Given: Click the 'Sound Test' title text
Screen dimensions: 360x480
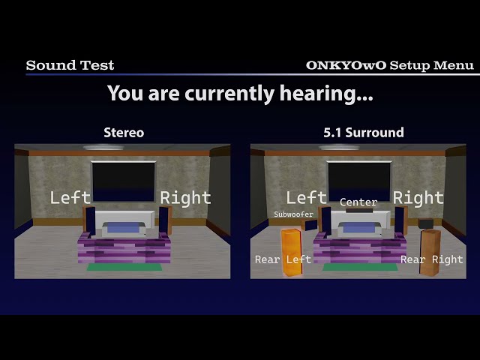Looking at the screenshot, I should (70, 65).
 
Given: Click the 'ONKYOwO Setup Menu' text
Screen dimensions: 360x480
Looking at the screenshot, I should (389, 65).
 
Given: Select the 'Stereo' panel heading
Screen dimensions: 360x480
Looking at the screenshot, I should (124, 133).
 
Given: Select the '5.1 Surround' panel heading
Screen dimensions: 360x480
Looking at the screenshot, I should (363, 133).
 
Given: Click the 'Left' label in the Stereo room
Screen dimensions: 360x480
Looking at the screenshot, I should (70, 198).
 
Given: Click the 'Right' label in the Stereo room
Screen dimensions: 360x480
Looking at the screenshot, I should (185, 198).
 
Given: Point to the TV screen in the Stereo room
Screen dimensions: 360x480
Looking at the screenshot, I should (123, 180).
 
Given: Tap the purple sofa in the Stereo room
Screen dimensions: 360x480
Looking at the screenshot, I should (123, 247).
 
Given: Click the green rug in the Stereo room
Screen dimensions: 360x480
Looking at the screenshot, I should (123, 266).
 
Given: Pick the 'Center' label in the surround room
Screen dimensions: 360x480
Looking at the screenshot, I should (358, 202).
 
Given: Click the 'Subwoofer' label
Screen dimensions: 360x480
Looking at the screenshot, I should (293, 214).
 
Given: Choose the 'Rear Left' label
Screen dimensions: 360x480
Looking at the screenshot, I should (283, 259).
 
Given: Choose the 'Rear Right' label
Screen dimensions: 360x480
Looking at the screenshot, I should (431, 259).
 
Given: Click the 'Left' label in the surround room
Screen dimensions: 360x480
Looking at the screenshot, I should (307, 198).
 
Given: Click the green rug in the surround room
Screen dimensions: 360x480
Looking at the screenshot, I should (358, 266).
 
